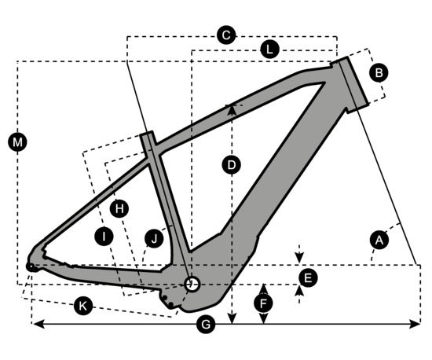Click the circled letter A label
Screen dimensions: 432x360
(x=379, y=240)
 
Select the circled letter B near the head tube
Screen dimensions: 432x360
(x=379, y=73)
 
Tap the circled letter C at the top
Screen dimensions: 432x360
(x=226, y=35)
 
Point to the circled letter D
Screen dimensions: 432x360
(x=232, y=165)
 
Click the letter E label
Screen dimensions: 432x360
(x=308, y=277)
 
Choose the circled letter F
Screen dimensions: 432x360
(x=264, y=303)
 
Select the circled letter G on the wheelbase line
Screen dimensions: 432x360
(x=206, y=325)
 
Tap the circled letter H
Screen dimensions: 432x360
(x=119, y=208)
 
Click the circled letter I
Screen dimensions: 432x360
(x=104, y=237)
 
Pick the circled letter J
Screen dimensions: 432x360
(x=154, y=238)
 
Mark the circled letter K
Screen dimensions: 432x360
(x=83, y=306)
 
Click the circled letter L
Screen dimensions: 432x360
(x=269, y=50)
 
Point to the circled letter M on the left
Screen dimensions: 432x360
(x=17, y=142)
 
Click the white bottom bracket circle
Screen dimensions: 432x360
(x=192, y=285)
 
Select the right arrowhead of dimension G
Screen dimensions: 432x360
(x=415, y=324)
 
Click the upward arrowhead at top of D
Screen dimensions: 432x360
(x=232, y=109)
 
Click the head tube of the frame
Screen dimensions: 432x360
(x=353, y=82)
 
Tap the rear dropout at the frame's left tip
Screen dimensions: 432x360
(x=31, y=266)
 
